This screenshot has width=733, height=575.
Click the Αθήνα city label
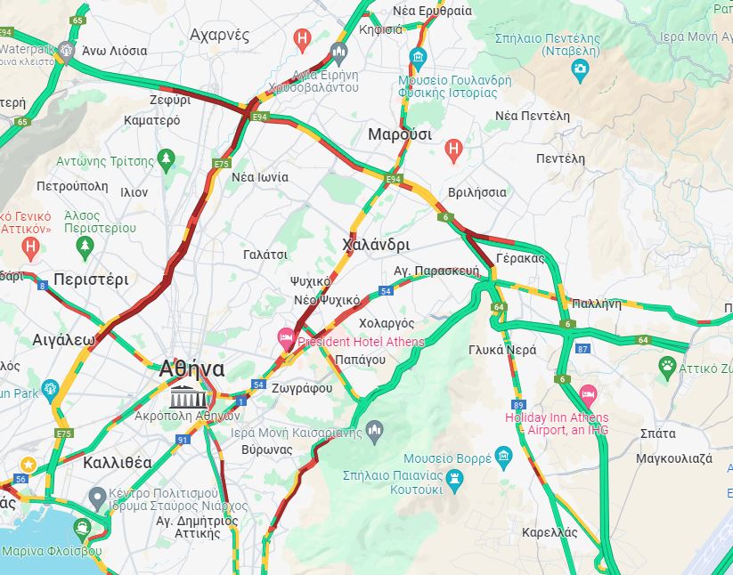191,368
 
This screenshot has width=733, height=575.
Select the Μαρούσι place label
400,134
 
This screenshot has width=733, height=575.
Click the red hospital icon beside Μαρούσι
453,151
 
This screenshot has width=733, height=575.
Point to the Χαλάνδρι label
376,244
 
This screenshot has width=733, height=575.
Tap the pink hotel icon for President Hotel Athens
286,337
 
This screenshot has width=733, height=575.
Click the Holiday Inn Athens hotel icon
588,393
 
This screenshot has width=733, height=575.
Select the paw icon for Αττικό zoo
667,365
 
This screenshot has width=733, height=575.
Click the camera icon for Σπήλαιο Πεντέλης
581,69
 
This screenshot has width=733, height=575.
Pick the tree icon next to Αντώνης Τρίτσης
166,159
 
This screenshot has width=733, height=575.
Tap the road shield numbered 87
583,348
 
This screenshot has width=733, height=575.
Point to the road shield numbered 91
183,439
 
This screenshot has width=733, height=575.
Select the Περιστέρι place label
91,279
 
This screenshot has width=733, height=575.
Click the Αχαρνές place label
219,35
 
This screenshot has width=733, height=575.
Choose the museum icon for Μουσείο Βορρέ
505,458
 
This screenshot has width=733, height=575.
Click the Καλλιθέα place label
117,463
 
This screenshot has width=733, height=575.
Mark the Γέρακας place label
520,258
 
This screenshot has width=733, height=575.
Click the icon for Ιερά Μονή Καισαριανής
375,431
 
